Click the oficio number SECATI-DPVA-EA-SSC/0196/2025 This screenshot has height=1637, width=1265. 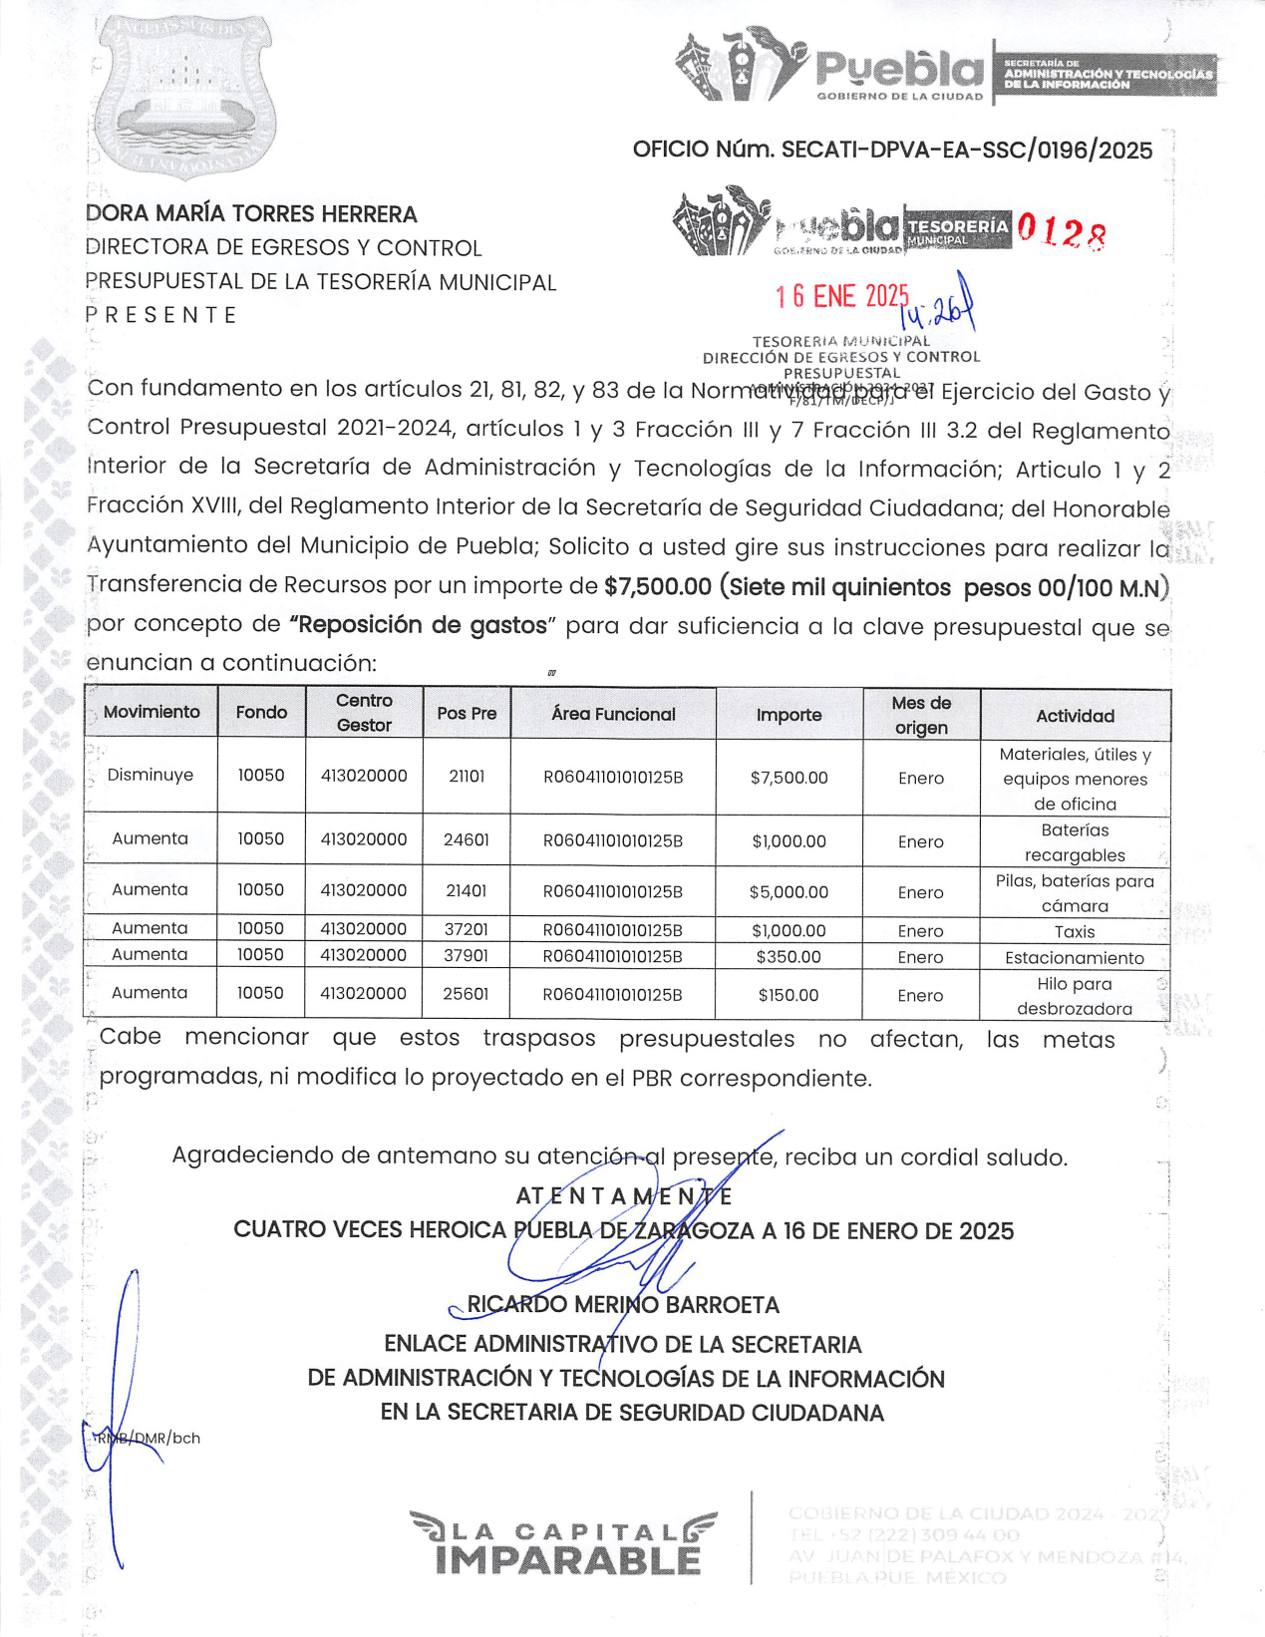(892, 151)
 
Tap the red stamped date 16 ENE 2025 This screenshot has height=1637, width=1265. (841, 296)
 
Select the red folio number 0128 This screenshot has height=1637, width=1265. (1061, 232)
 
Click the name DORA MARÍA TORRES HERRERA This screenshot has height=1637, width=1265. (251, 214)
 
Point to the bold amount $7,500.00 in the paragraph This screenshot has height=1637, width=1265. (657, 587)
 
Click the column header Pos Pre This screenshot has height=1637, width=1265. (467, 714)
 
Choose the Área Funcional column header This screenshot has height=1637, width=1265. (613, 714)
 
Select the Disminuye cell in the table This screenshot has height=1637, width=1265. (151, 776)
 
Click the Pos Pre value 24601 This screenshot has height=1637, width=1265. (467, 840)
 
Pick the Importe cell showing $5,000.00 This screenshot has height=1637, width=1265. (789, 892)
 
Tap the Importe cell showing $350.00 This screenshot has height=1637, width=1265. (789, 957)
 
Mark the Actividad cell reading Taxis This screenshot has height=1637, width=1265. (1075, 932)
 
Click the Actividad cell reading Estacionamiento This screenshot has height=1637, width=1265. (1075, 958)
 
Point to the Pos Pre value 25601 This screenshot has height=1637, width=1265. (467, 994)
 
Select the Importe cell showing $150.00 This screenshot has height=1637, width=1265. (789, 995)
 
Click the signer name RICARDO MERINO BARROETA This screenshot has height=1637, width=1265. (623, 1305)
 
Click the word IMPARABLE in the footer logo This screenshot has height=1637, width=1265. (568, 1561)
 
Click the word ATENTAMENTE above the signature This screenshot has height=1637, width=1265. (624, 1196)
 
